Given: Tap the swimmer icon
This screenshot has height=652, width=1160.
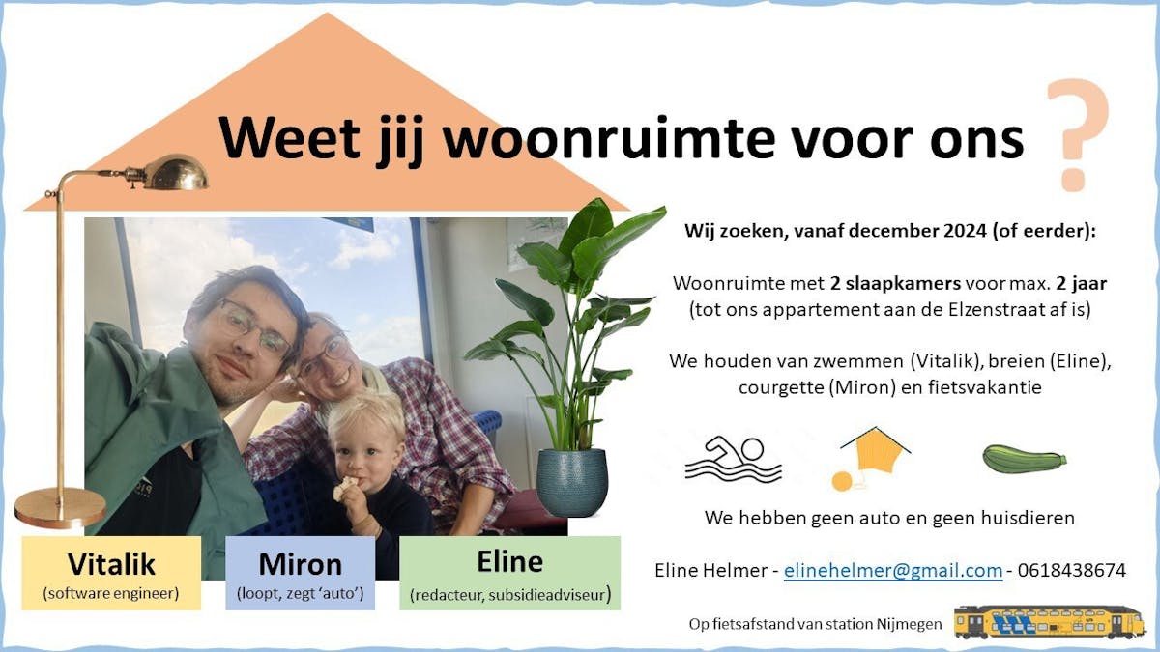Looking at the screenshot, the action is coord(733,460).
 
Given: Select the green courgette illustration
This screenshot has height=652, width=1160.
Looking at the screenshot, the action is coord(1025,459).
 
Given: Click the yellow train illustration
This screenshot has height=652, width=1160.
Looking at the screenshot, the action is coord(1049,621).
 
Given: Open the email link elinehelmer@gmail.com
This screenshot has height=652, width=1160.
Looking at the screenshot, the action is coord(893,570).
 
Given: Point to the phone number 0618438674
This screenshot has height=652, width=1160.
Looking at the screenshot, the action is coord(1071,570).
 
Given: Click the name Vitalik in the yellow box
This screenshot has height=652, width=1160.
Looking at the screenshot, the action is coord(111,564).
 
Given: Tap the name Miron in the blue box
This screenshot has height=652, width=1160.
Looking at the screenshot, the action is coord(301,564).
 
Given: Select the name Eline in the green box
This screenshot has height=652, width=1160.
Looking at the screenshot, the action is coord(510,561).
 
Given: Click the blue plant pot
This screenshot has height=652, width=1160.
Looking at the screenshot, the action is coord(571,482).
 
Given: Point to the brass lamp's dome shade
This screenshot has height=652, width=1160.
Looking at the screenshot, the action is coord(175,173).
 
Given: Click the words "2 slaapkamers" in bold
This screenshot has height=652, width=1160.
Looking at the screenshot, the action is coord(895,284).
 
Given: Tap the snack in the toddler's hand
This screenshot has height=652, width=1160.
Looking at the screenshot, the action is coord(345,488).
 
